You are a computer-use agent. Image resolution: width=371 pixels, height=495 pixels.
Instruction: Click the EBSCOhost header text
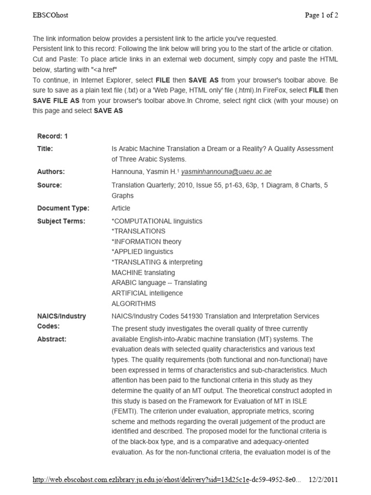coord(50,15)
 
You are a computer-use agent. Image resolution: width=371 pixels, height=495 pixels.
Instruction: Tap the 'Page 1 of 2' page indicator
coord(321,15)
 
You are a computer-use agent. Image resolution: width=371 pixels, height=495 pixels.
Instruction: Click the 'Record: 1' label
coord(53,136)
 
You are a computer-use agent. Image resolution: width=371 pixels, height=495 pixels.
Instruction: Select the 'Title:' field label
coord(45,149)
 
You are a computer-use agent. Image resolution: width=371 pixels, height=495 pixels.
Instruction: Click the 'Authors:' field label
coord(51,172)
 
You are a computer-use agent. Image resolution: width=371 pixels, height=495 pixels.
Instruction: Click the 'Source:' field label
coord(49,185)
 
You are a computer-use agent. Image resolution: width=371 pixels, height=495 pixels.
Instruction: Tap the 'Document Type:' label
coord(63,208)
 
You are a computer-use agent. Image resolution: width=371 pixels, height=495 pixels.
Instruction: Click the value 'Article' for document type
coord(121,208)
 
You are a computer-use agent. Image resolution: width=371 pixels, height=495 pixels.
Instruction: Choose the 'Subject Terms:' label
coord(61,221)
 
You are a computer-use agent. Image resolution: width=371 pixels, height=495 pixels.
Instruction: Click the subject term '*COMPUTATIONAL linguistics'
coord(157,221)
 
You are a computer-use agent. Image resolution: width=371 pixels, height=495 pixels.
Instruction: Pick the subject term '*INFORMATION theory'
coord(146,242)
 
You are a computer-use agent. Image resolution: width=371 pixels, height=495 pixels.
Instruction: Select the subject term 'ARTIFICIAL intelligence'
coord(147,293)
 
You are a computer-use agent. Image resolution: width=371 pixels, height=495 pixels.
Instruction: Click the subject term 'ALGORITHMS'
coord(133,304)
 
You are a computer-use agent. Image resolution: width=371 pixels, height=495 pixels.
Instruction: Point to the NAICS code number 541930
coord(196,316)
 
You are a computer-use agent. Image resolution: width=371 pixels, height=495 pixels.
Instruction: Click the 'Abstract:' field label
coord(52,339)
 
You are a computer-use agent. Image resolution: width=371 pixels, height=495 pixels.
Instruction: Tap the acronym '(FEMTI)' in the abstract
coord(125,411)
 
